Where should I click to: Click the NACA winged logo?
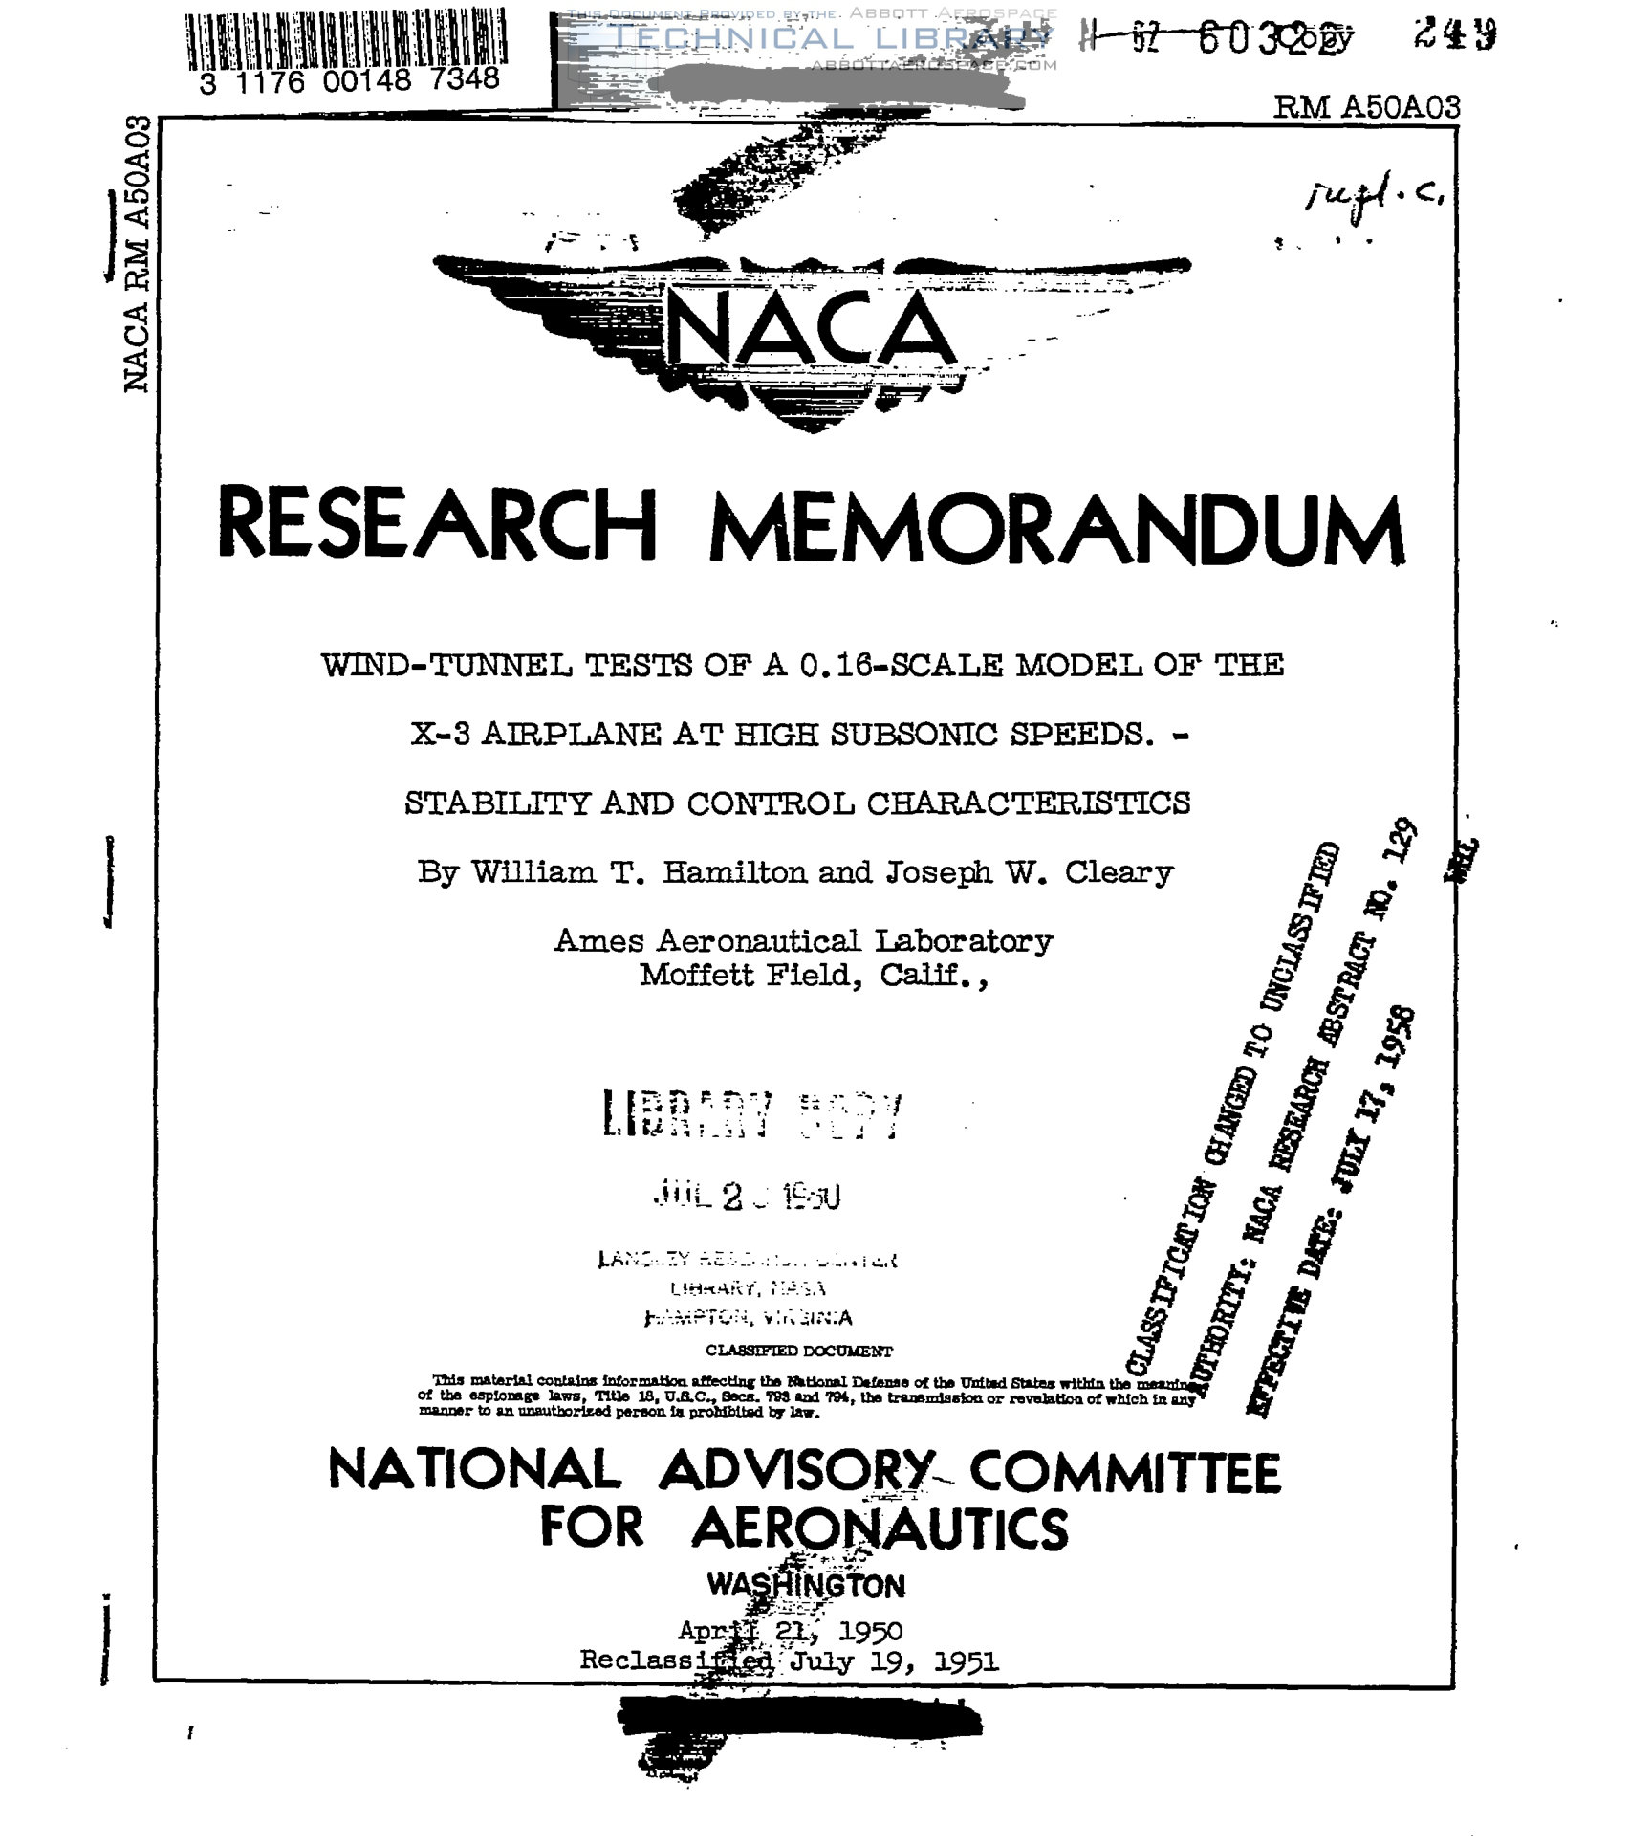[811, 330]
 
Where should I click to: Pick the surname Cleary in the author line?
[1119, 871]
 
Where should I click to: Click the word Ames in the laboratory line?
[599, 940]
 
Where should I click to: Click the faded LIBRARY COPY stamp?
[750, 1115]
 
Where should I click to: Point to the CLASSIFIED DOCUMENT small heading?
[798, 1351]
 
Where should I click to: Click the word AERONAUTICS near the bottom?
[880, 1528]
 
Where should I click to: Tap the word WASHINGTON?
[805, 1585]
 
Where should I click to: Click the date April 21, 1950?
[790, 1630]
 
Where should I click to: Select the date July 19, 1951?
[894, 1661]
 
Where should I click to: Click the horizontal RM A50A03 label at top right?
[1366, 107]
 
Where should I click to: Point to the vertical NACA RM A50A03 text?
[138, 253]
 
